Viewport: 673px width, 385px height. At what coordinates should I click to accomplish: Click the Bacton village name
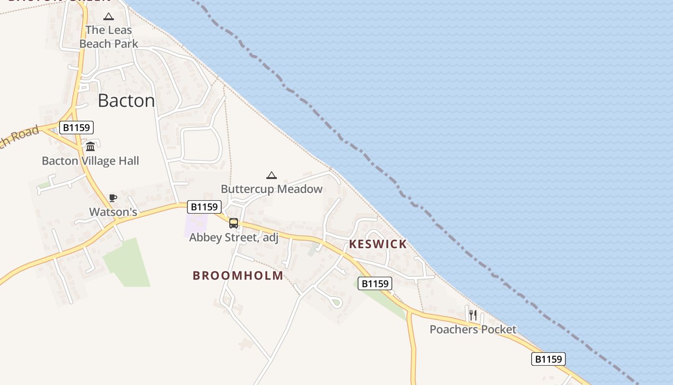click(126, 101)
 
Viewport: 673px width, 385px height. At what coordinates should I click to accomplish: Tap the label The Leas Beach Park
click(109, 37)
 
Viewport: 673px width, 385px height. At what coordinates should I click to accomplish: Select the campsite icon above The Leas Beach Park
click(109, 17)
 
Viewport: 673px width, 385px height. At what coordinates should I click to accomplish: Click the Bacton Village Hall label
click(90, 161)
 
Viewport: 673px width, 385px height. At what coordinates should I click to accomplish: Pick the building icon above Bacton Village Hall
click(90, 146)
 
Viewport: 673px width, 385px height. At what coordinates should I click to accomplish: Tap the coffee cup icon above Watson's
click(112, 198)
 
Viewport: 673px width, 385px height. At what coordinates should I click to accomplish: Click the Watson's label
click(113, 212)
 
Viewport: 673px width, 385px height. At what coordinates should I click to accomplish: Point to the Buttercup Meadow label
click(272, 189)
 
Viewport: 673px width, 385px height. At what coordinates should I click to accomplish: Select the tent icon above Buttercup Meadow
click(272, 175)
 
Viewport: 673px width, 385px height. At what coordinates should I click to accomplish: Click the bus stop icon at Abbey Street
click(234, 223)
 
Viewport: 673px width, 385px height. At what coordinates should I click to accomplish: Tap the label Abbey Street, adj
click(234, 237)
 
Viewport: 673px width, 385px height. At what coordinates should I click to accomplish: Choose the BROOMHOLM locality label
click(238, 275)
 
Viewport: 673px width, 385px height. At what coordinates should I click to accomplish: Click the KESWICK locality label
click(378, 244)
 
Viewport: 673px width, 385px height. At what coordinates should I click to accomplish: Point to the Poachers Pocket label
click(473, 329)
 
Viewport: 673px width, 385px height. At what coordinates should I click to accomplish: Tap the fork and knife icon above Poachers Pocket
click(473, 315)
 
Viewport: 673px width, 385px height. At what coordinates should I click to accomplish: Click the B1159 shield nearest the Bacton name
click(76, 128)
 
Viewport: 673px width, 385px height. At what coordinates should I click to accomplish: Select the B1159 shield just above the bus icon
click(204, 207)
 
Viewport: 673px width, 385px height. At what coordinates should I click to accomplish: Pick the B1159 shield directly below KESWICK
click(375, 283)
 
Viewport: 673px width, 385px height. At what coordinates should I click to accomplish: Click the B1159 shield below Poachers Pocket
click(548, 359)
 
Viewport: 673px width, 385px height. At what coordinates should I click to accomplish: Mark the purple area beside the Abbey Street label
click(196, 224)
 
